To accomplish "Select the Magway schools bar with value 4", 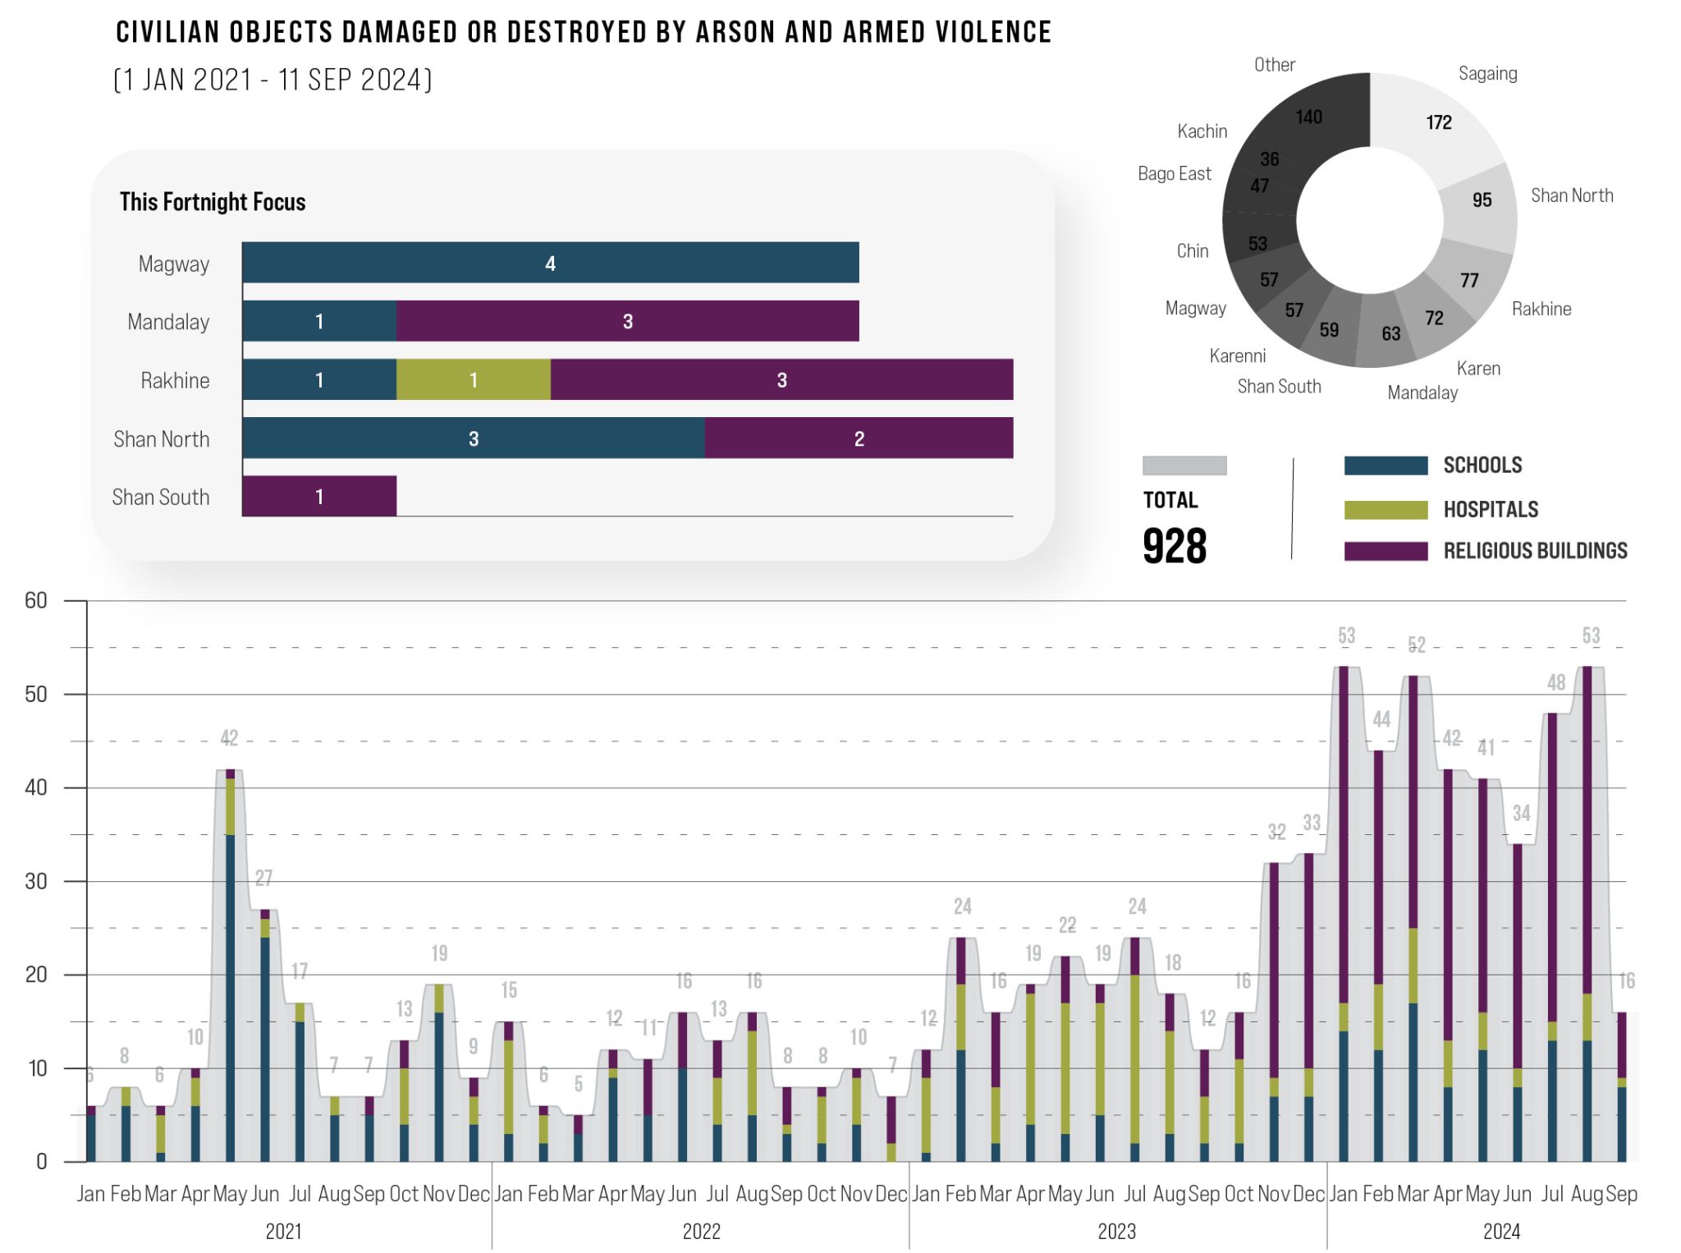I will pos(550,263).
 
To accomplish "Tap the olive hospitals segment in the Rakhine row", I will pos(473,379).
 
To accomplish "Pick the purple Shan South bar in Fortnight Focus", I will pos(319,496).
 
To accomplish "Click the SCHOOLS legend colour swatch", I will pos(1386,466).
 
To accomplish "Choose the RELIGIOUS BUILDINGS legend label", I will pos(1535,551).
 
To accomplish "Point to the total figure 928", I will pos(1175,547).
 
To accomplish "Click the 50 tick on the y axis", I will pos(36,695).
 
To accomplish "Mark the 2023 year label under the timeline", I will pos(1116,1232).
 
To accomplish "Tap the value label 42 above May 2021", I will pos(229,738).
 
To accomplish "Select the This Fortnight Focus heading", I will pos(213,202).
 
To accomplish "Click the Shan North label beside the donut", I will pos(1571,195).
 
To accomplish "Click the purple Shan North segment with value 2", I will pos(859,438).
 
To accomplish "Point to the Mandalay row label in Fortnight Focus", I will pos(168,322).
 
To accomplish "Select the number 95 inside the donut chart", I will pos(1482,200).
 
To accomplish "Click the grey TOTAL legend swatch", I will pos(1184,466).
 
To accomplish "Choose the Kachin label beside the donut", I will pos(1202,131).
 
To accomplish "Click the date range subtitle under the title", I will pos(273,80).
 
